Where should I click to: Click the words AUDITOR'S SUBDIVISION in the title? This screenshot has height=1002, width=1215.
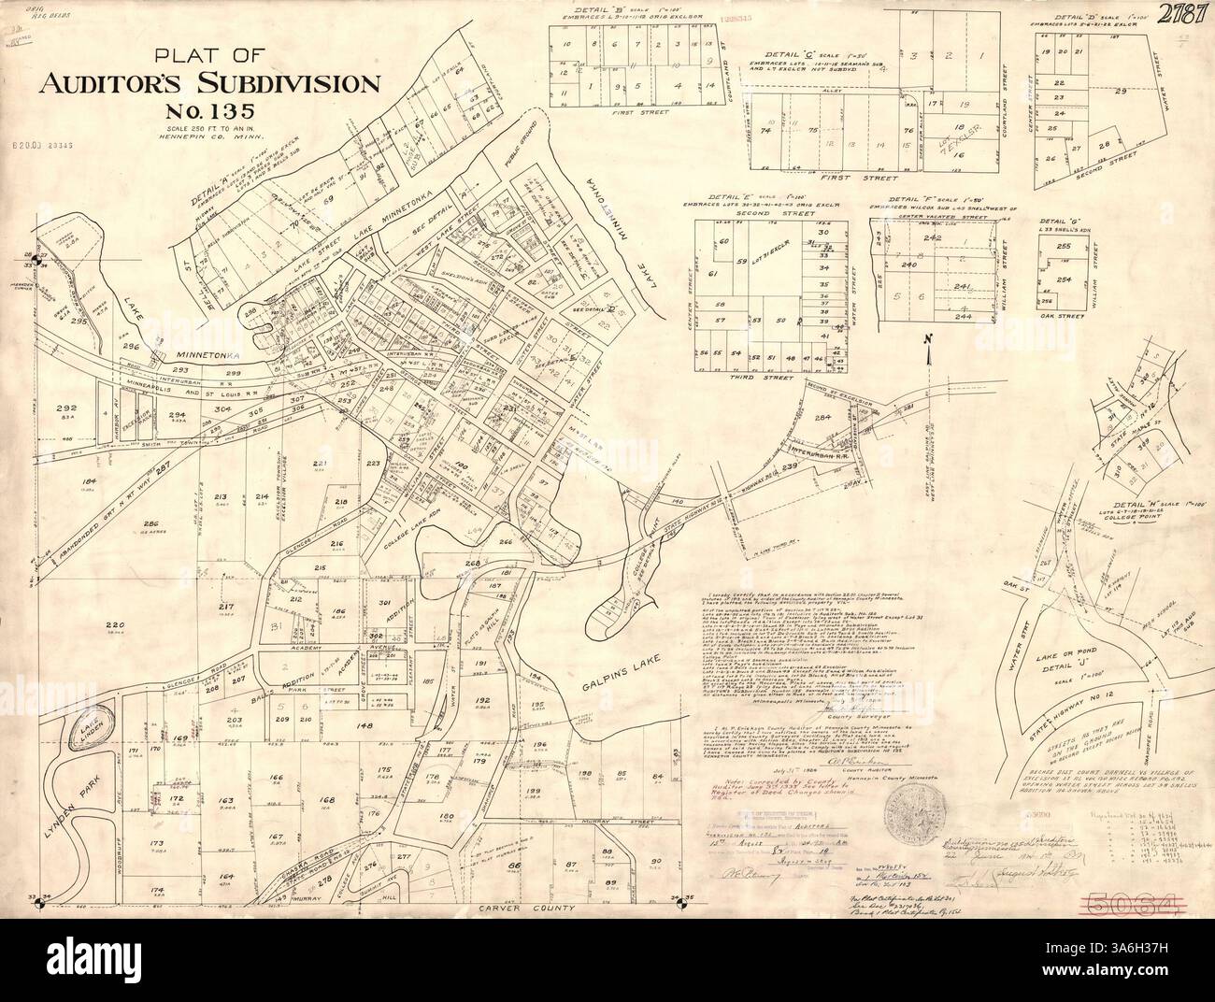click(208, 85)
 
